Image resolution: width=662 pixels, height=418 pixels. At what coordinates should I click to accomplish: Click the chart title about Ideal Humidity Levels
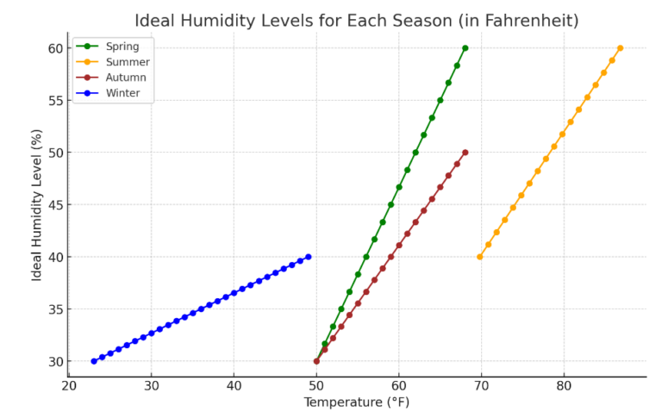(x=356, y=20)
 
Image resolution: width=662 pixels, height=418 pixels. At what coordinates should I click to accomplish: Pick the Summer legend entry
(x=126, y=62)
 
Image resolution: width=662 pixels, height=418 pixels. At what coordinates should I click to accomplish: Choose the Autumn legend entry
(x=125, y=78)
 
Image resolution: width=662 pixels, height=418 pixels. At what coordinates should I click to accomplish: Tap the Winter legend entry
(x=123, y=93)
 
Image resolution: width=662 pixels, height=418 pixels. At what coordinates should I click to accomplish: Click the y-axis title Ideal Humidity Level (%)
(x=37, y=204)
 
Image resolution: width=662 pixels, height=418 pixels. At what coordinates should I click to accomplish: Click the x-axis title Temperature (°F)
(x=356, y=402)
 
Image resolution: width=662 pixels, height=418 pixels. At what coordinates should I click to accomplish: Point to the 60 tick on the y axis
(x=54, y=48)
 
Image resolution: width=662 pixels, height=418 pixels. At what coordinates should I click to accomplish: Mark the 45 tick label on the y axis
(x=54, y=205)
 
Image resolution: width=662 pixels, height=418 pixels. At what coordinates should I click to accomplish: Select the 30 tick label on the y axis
(x=54, y=361)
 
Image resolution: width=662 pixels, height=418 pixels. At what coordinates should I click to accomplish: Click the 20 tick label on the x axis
(x=69, y=386)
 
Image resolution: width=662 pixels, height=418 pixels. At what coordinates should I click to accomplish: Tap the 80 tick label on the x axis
(x=564, y=386)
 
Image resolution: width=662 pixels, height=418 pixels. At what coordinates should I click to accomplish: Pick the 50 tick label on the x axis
(x=316, y=386)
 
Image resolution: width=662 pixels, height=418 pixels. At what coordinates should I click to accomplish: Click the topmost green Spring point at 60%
(x=465, y=48)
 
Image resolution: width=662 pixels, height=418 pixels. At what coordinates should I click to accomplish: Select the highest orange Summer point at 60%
(x=620, y=48)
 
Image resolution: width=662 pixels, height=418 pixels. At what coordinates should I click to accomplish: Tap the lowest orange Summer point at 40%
(x=480, y=257)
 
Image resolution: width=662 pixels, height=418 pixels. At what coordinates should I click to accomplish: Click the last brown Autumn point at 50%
(x=465, y=153)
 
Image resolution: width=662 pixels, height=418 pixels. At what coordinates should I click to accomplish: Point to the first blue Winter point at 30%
(x=94, y=361)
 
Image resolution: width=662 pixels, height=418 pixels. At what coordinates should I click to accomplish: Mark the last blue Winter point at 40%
(x=309, y=257)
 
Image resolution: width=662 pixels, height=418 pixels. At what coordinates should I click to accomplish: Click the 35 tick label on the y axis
(x=54, y=309)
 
